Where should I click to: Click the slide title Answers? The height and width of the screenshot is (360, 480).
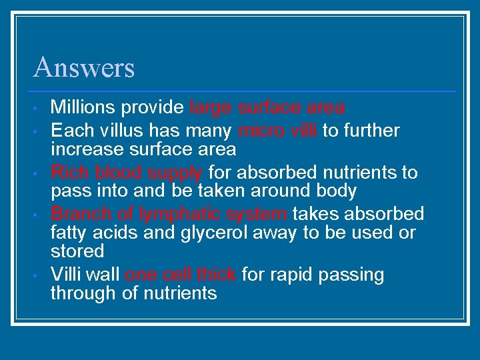click(84, 67)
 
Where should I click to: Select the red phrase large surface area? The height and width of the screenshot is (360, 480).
click(267, 107)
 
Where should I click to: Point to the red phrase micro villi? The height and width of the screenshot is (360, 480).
click(277, 131)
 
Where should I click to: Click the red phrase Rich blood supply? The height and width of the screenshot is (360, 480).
click(127, 173)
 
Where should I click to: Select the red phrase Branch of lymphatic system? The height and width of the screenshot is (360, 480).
click(169, 214)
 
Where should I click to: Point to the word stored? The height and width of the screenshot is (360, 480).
click(77, 251)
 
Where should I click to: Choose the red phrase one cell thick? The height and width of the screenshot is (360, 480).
click(181, 275)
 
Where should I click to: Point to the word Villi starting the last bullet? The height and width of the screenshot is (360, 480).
click(67, 275)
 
